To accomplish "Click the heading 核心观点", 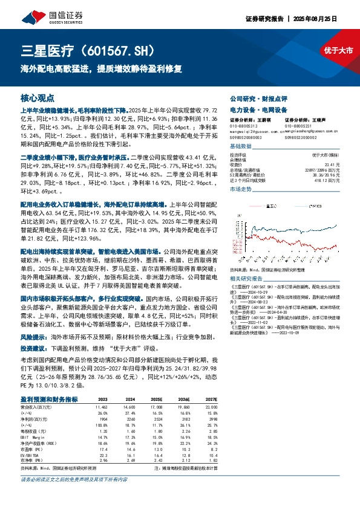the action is pyautogui.click(x=37, y=97).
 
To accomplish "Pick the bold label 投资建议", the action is pyautogui.click(x=33, y=332).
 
